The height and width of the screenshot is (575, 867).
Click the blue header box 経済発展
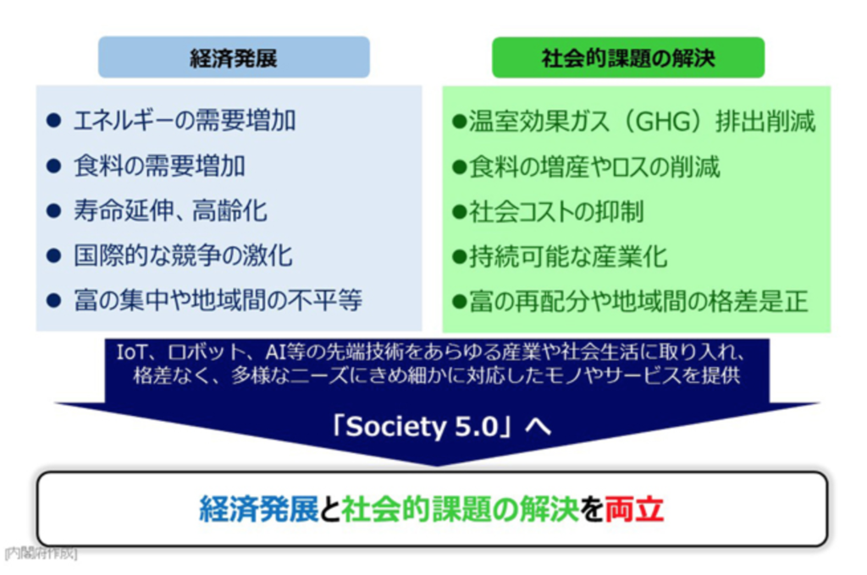(234, 57)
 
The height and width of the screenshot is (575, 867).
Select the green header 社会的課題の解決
(628, 57)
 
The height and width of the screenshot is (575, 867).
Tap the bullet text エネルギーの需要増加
(185, 120)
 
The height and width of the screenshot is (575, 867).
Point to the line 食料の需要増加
(159, 166)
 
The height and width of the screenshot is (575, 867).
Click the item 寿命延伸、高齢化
(170, 211)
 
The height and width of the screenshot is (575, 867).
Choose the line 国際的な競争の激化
(183, 255)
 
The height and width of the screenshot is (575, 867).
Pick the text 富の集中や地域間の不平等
(218, 300)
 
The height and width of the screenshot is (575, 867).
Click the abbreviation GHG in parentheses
(664, 122)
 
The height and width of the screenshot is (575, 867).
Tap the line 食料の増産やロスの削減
(594, 167)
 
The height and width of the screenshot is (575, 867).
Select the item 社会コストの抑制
(556, 211)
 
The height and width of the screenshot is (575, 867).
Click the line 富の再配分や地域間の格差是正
(638, 302)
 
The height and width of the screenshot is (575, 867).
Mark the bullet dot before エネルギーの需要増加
(53, 120)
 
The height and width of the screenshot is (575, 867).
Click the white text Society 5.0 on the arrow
(422, 426)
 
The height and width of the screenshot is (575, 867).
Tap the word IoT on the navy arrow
(128, 352)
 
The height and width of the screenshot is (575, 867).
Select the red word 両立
(634, 509)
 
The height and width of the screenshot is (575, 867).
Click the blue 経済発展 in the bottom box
(259, 509)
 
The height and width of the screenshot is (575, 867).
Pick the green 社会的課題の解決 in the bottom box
(460, 509)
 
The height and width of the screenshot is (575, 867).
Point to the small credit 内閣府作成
(41, 554)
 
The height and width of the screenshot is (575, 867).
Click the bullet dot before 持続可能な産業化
(460, 257)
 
